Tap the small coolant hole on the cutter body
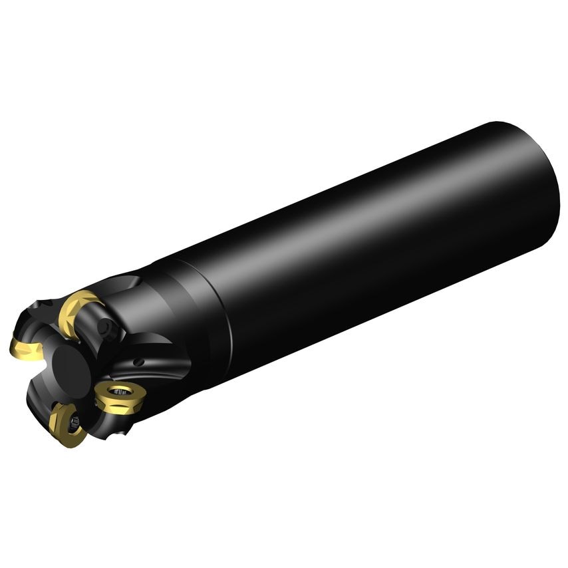pos(139,362)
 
